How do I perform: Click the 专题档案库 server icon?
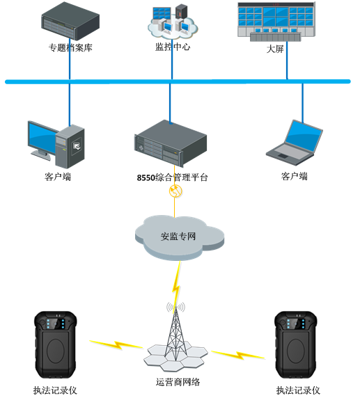pos(70,21)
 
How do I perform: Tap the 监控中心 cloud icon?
pos(173,22)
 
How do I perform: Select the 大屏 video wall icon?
pos(276,22)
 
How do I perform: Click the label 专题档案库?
pos(70,48)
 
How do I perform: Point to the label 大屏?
pos(275,49)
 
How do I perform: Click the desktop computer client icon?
pos(56,144)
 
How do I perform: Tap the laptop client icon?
pos(295,143)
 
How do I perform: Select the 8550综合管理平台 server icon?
pos(171,143)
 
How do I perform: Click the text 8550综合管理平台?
pos(172,177)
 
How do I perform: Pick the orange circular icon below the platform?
pos(175,191)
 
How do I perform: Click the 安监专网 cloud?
pos(180,237)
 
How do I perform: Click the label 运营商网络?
pos(178,382)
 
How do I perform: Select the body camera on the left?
pos(56,345)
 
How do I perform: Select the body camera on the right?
pos(296,345)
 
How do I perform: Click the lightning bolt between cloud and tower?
pos(177,285)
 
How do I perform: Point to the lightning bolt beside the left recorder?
pos(116,344)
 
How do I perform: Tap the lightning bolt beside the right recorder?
pos(238,355)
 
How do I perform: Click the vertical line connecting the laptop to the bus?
pos(302,103)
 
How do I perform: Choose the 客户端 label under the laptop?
pos(295,176)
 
